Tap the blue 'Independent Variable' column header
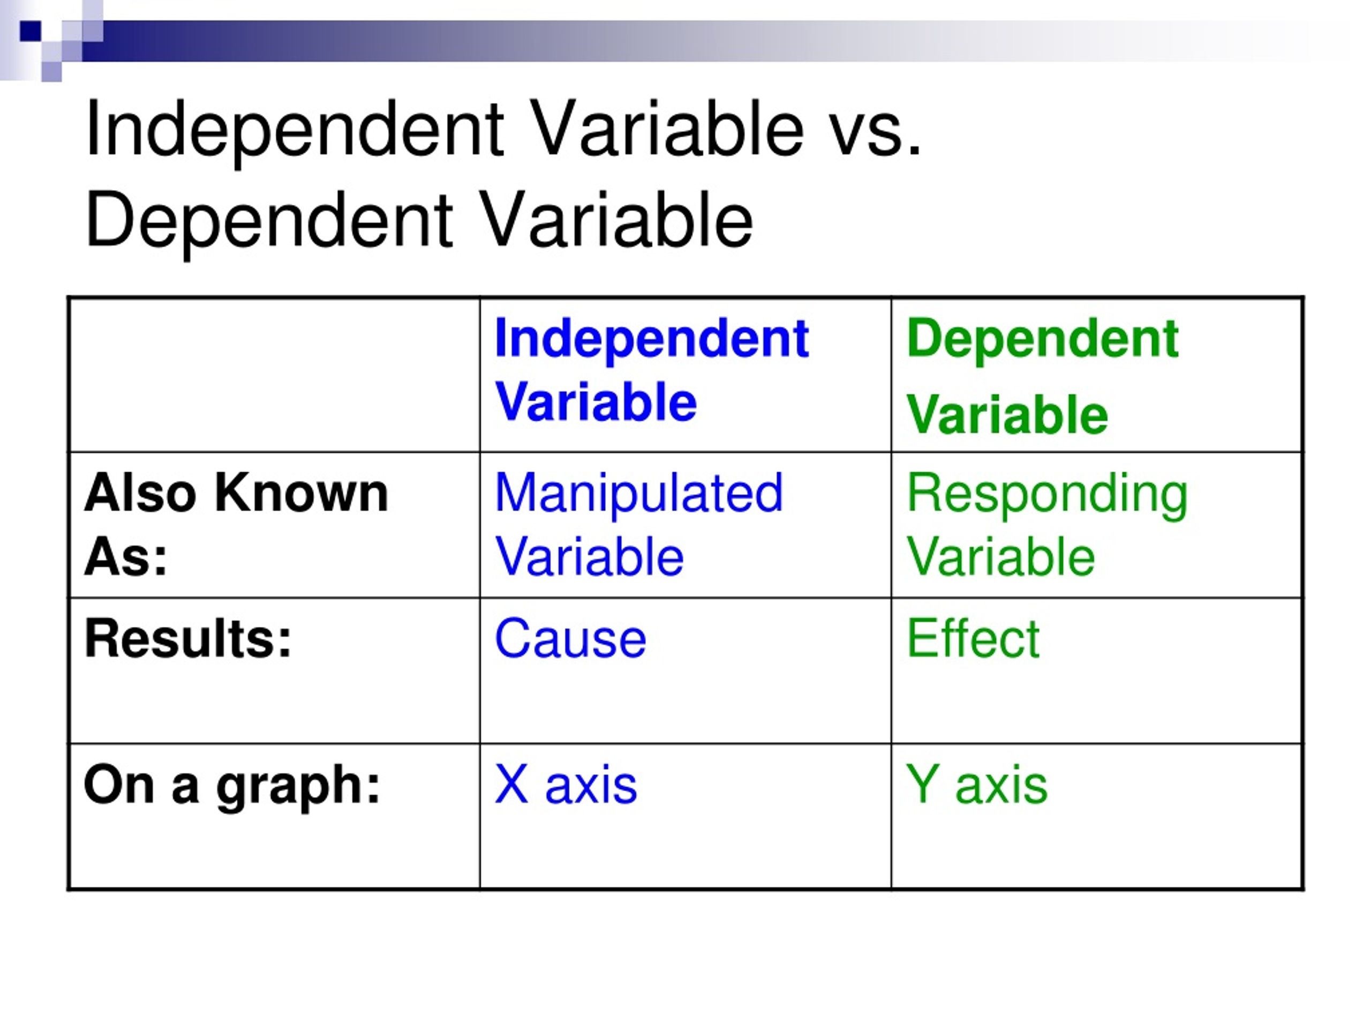pos(651,370)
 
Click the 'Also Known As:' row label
pos(236,525)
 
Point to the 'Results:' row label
pos(188,638)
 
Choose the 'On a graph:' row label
pos(232,785)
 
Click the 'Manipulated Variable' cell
pos(638,525)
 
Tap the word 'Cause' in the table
pos(570,638)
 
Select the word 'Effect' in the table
pos(973,638)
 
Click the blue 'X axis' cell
pos(565,785)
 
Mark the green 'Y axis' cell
pos(976,785)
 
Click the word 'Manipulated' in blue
pos(638,494)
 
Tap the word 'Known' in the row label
pos(301,494)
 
